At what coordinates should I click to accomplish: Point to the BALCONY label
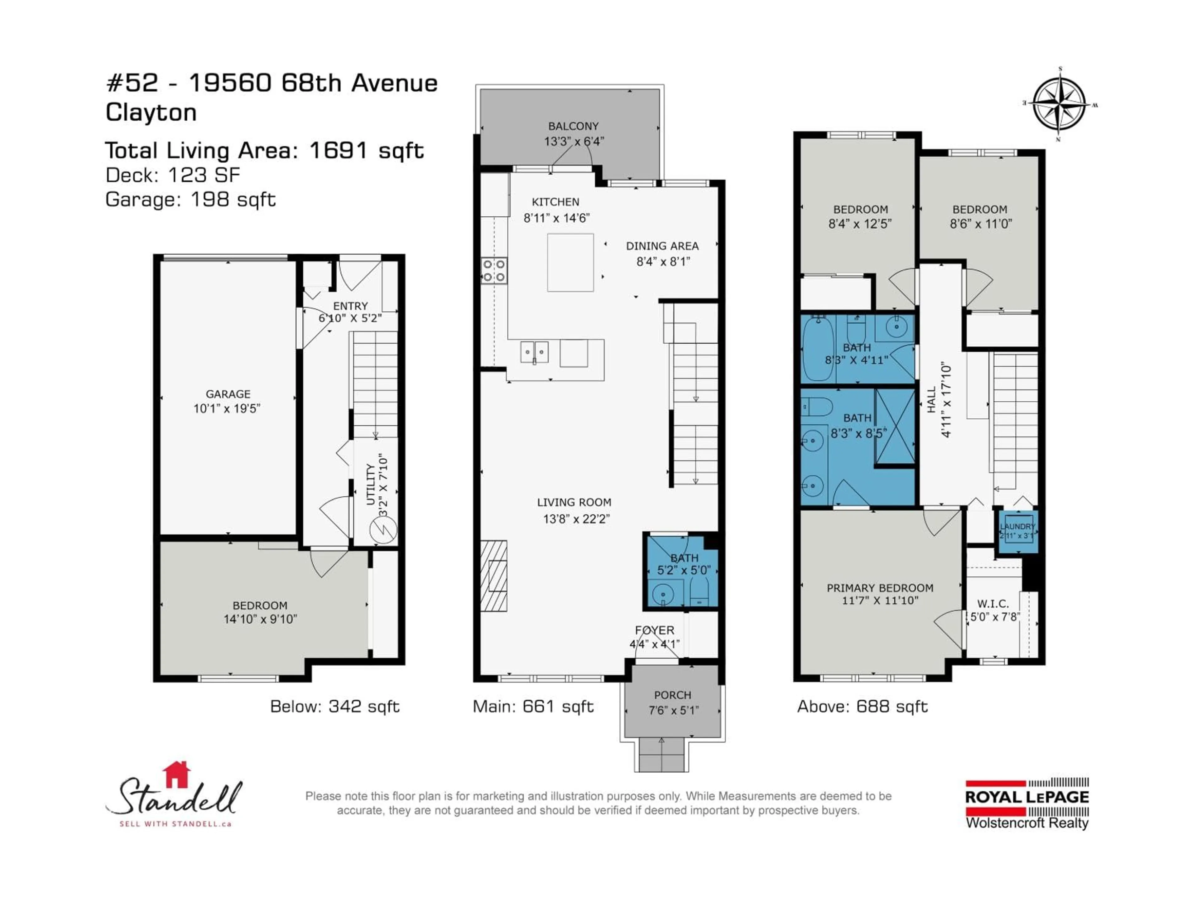click(x=573, y=126)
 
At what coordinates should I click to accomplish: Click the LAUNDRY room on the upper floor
click(x=1017, y=531)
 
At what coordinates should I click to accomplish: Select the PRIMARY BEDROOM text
click(x=880, y=588)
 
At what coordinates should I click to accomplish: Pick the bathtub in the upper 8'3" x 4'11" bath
click(x=818, y=349)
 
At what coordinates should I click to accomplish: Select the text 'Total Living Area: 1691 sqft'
click(x=264, y=151)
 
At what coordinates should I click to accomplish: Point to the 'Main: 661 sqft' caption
click(x=533, y=706)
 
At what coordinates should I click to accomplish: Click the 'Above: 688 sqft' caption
click(x=862, y=706)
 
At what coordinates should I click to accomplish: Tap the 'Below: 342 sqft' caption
click(x=334, y=706)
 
